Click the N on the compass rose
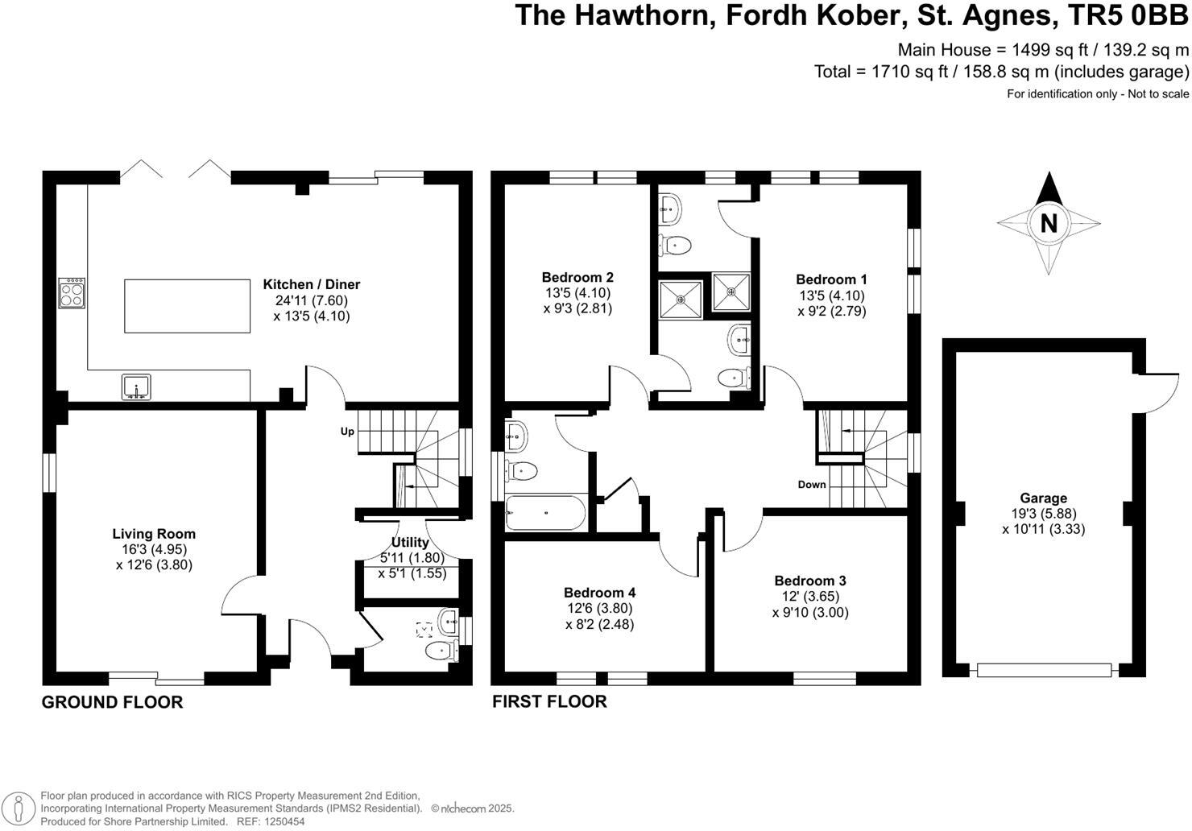(x=1048, y=223)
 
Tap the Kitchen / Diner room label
(x=312, y=284)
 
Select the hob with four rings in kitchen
(x=71, y=293)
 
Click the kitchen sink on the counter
(x=137, y=387)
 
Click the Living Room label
(x=154, y=533)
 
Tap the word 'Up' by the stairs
(x=347, y=432)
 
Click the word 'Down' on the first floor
(x=812, y=484)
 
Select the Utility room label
(x=410, y=543)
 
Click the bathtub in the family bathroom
(x=545, y=513)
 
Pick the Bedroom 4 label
(x=600, y=593)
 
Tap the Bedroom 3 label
(x=810, y=581)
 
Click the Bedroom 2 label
(x=577, y=277)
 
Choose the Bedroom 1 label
(x=832, y=279)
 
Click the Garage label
(x=1044, y=498)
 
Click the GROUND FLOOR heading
(x=112, y=702)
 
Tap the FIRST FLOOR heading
(x=549, y=701)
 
